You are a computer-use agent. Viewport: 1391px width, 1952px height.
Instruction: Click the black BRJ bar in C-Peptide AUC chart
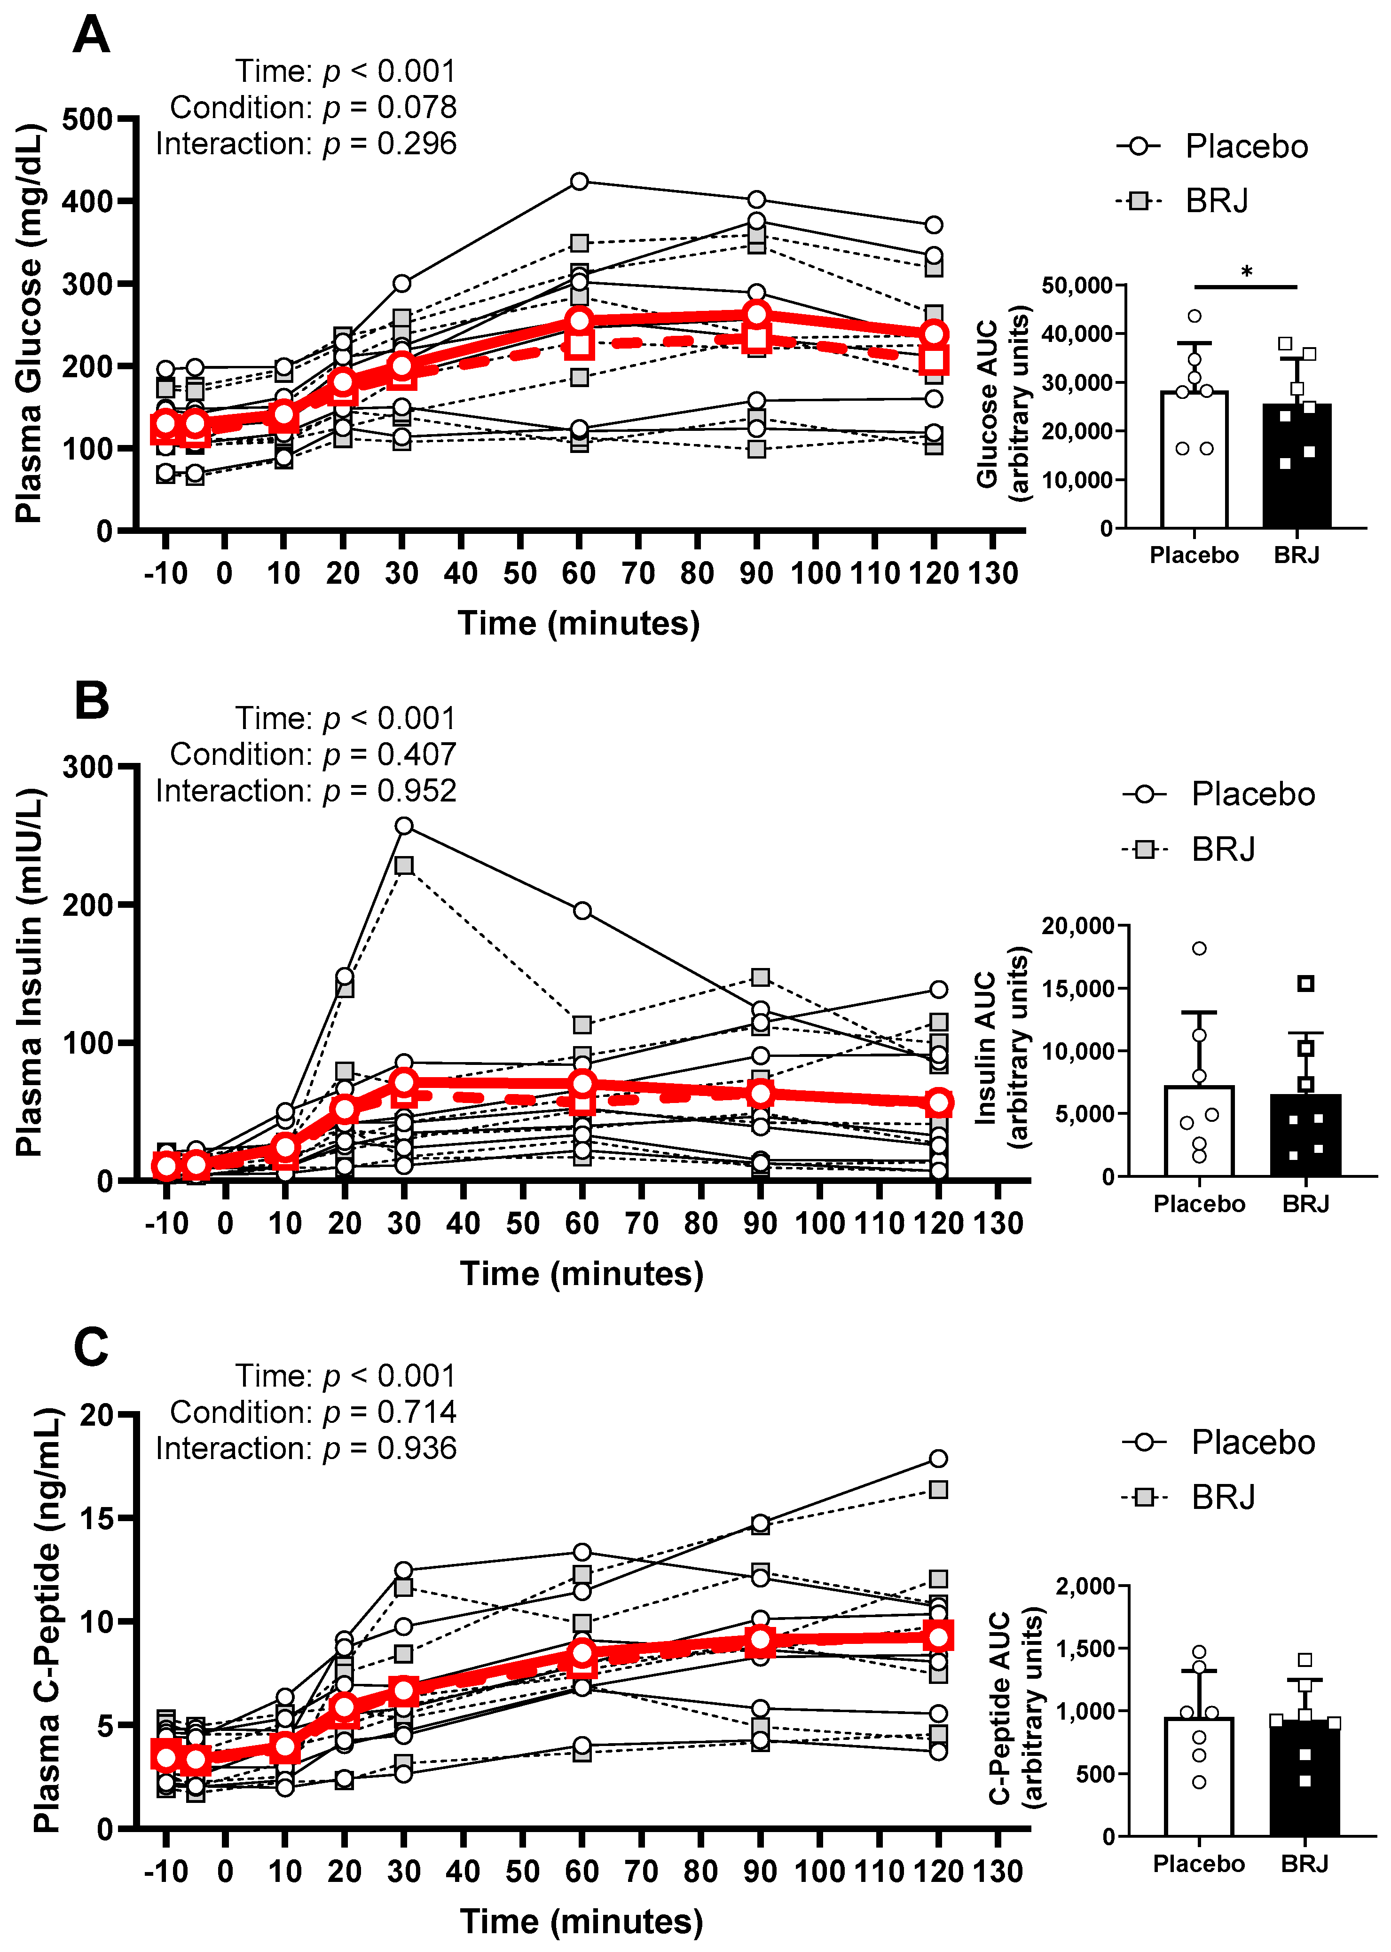[1305, 1782]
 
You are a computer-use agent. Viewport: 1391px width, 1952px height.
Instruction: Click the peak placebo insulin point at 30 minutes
[403, 825]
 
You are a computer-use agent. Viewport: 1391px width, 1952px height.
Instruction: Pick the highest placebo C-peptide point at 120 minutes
[939, 1459]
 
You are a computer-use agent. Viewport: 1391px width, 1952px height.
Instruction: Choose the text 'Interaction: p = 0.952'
[306, 790]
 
